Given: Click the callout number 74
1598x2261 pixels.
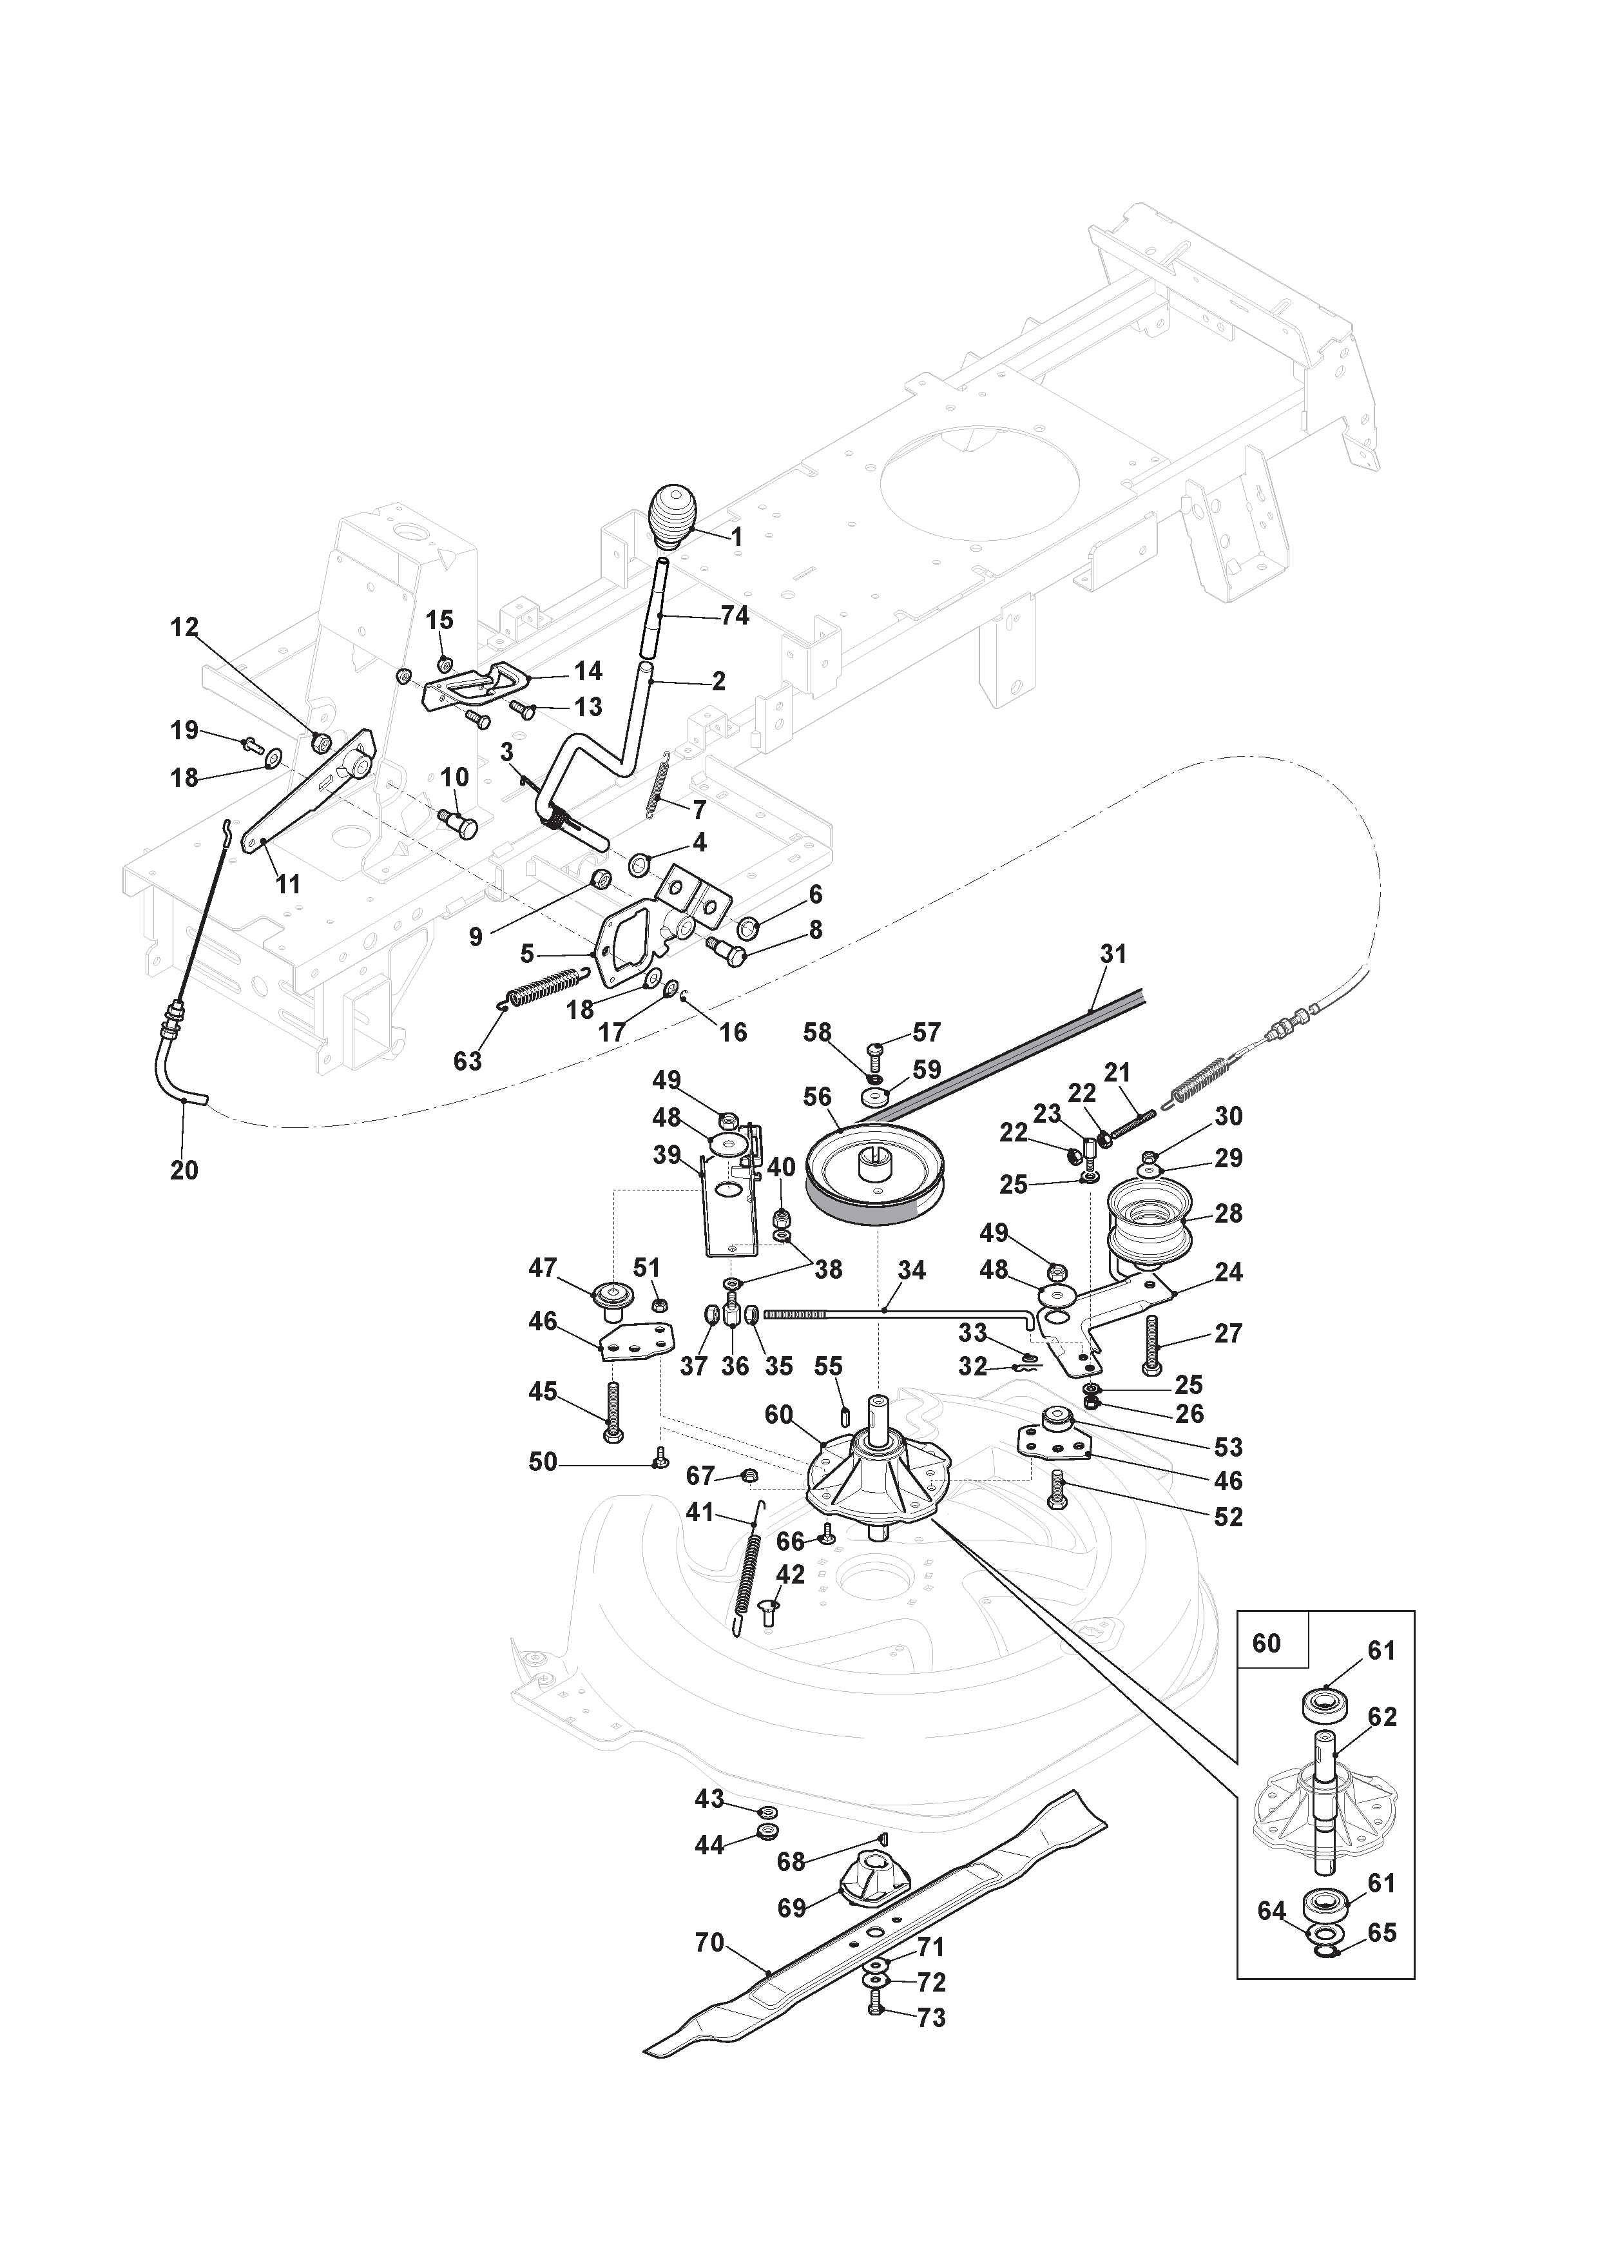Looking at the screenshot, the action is coord(735,616).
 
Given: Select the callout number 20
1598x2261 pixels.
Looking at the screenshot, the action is coord(184,1170).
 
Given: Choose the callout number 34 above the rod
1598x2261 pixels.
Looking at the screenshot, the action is coord(912,1270).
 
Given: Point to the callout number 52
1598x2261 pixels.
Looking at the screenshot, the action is coord(1229,1517).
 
